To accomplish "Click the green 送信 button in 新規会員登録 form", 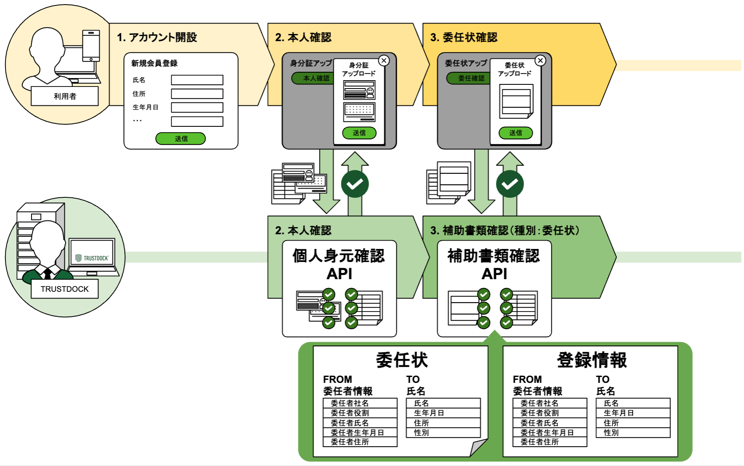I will pyautogui.click(x=181, y=139).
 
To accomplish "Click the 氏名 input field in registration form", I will pyautogui.click(x=197, y=80).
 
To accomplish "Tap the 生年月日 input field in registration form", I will pyautogui.click(x=197, y=107).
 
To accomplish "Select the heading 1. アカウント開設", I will pyautogui.click(x=157, y=37).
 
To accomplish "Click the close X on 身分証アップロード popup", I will pyautogui.click(x=384, y=60).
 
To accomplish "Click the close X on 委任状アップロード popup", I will pyautogui.click(x=540, y=60).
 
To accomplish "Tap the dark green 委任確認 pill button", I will pyautogui.click(x=469, y=78).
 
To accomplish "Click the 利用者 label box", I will pyautogui.click(x=65, y=96).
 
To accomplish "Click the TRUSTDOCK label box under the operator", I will pyautogui.click(x=65, y=289).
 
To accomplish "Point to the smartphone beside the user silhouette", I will pyautogui.click(x=91, y=46).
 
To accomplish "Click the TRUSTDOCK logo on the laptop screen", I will pyautogui.click(x=92, y=258).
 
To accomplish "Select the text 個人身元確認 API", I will pyautogui.click(x=339, y=264).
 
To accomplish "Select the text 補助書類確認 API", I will pyautogui.click(x=494, y=264).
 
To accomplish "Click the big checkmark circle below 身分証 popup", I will pyautogui.click(x=355, y=184).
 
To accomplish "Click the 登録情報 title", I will pyautogui.click(x=592, y=360).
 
